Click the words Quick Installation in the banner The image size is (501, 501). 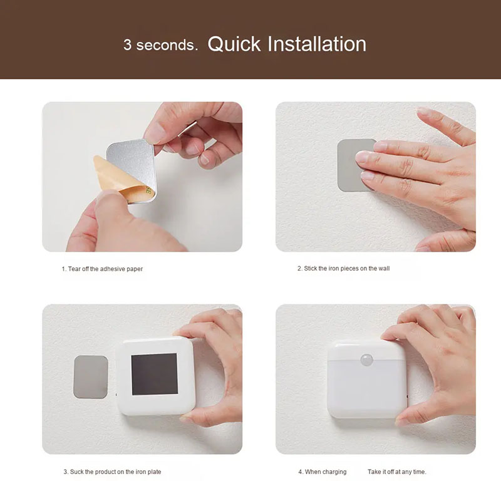point(287,44)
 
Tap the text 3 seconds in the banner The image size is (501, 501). point(160,44)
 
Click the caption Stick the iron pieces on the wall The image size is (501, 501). point(347,269)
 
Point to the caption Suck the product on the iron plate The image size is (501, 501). point(115,472)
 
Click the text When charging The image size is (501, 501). point(326,472)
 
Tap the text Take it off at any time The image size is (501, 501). point(397,472)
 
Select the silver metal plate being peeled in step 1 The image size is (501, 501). point(133,168)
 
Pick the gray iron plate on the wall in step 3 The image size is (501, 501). point(91,377)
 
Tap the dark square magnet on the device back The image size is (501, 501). point(155,374)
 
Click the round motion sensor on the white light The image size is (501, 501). point(367,359)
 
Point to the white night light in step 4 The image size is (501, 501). point(368,380)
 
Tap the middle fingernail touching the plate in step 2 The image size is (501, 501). point(363,157)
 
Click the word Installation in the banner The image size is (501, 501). point(317,44)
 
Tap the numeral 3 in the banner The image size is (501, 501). point(128,44)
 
